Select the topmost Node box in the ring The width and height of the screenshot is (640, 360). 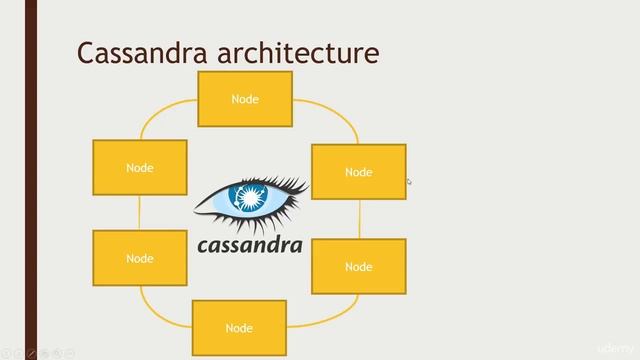click(x=245, y=99)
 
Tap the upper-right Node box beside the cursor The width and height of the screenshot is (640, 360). click(x=358, y=172)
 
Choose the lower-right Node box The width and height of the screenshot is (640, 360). click(x=358, y=266)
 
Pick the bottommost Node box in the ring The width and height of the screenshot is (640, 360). click(x=239, y=327)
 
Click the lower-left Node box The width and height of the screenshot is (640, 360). click(x=140, y=258)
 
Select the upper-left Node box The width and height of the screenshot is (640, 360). click(x=140, y=167)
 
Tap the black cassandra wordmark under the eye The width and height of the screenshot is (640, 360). click(x=249, y=244)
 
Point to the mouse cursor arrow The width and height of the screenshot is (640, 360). click(x=408, y=181)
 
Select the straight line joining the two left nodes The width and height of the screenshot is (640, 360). click(x=140, y=212)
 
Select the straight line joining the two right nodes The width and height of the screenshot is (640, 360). click(x=359, y=218)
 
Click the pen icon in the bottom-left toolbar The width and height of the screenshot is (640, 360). click(x=32, y=353)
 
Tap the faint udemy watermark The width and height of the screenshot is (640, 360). click(x=611, y=346)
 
